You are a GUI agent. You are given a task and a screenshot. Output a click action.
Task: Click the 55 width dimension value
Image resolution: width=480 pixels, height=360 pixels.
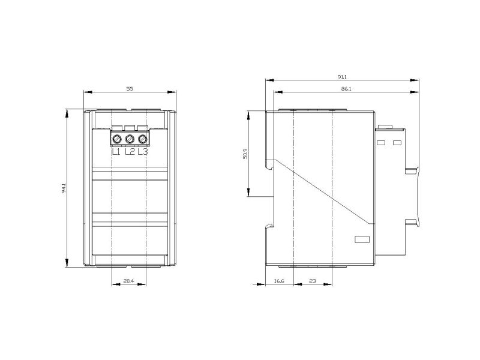[130, 89]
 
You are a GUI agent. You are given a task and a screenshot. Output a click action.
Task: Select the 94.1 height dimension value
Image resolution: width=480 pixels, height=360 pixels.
[64, 188]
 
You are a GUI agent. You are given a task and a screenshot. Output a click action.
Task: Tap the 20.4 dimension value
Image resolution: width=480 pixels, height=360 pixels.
[128, 281]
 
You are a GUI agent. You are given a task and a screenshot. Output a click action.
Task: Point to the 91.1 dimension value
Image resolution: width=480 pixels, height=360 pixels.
[342, 77]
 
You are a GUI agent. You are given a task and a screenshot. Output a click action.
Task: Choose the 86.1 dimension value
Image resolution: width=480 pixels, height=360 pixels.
[346, 89]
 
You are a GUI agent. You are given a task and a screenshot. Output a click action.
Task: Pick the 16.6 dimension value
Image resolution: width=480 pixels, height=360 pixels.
[279, 281]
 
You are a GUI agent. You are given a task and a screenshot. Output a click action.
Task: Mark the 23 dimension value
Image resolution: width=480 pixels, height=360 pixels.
[312, 281]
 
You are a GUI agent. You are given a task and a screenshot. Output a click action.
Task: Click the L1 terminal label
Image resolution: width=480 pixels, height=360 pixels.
[116, 152]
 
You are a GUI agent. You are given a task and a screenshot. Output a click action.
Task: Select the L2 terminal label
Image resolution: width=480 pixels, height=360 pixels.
[130, 152]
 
